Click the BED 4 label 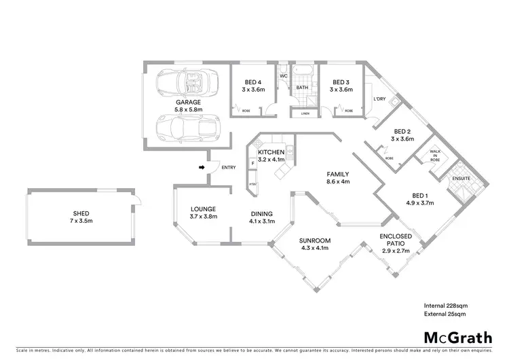point(254,82)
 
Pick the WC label point(284,75)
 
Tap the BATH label point(302,88)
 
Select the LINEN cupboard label point(306,113)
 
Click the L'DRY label point(379,99)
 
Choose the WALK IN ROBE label point(433,157)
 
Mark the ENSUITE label point(461,179)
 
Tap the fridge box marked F point(253,164)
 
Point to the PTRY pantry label point(252,183)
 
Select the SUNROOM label point(314,240)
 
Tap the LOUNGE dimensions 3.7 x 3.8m point(203,217)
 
